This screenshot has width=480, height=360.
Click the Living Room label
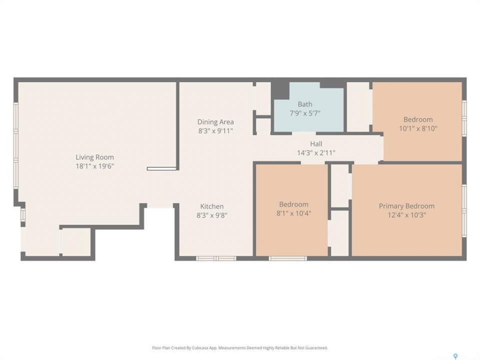point(94,157)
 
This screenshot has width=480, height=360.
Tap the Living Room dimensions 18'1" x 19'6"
point(94,166)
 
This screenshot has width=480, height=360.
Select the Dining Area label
point(215,122)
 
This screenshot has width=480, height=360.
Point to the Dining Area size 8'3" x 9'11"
point(215,131)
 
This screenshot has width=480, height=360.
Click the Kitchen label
point(212,206)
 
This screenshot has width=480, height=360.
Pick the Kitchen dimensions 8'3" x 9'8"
point(212,215)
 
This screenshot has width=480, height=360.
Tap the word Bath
point(305,104)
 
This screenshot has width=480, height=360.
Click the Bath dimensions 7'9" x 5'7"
point(305,113)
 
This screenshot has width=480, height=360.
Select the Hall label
point(316,144)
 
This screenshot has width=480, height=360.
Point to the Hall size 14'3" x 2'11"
point(316,153)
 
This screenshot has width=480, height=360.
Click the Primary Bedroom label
point(406,206)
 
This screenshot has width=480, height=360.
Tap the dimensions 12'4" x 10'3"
point(406,215)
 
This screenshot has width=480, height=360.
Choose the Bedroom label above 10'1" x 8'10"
point(418,119)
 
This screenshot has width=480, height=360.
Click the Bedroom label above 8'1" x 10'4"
point(293,204)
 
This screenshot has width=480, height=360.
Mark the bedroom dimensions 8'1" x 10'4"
point(293,213)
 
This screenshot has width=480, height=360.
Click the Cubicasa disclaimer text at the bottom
point(240,348)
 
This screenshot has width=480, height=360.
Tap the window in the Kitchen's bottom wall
point(216,258)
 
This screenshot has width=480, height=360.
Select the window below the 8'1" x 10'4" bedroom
point(288,258)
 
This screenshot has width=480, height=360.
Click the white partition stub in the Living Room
point(161,168)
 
